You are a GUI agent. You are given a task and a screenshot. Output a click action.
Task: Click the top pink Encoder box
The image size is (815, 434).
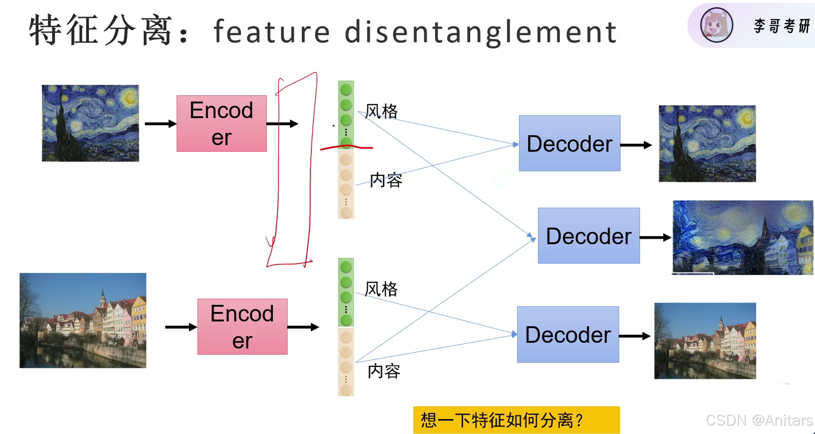point(221,123)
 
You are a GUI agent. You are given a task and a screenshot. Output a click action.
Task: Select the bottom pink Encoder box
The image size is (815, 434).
point(242,327)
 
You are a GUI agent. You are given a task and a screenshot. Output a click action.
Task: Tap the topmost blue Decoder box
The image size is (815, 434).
point(570,143)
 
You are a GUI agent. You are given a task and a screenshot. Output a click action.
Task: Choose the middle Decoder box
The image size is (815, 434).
point(589,236)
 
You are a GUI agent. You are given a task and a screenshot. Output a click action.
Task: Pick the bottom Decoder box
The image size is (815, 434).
point(568,334)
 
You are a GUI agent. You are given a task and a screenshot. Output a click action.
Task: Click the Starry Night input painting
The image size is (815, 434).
point(90,123)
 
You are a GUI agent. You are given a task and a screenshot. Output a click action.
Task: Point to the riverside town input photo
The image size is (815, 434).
point(83,320)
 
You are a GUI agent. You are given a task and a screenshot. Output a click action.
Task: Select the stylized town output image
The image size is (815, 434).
point(743,237)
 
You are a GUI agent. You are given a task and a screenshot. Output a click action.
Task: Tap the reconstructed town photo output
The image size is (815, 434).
point(705,341)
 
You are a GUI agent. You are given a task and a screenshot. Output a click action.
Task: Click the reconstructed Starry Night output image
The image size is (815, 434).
point(707,143)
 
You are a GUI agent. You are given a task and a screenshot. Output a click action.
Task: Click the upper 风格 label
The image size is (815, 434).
point(381,112)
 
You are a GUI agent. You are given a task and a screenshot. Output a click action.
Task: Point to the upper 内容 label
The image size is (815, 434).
point(386,180)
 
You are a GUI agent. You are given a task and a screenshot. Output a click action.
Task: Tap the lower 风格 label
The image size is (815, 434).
point(381,289)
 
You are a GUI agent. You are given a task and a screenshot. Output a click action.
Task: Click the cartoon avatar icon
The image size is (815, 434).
point(716,25)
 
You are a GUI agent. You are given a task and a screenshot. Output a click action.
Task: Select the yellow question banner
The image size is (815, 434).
point(516,420)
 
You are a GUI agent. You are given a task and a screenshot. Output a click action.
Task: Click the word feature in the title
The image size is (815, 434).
point(272,31)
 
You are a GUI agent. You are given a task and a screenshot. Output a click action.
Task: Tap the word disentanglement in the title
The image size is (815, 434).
point(481,32)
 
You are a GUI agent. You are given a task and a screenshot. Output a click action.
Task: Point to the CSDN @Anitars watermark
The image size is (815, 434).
point(759,420)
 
